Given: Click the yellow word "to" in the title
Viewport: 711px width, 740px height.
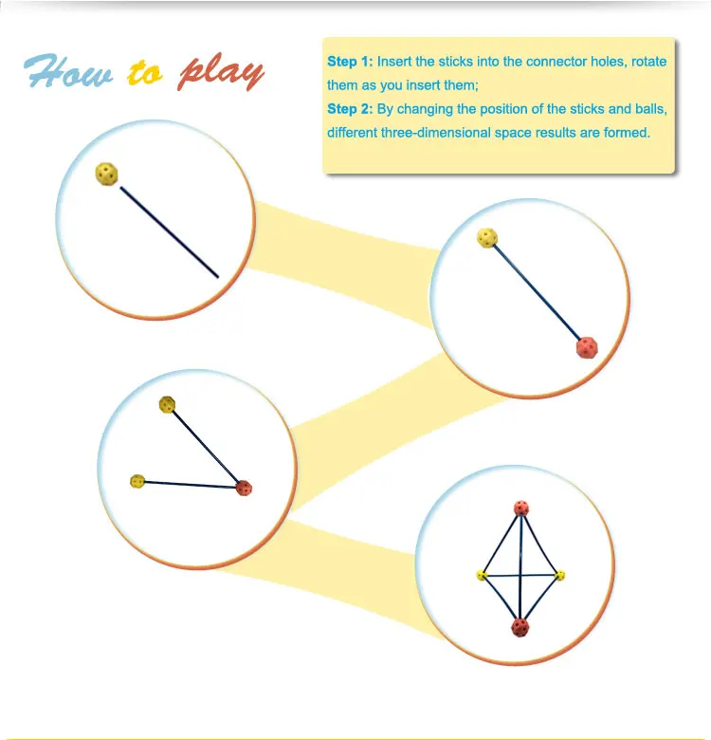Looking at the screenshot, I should (145, 74).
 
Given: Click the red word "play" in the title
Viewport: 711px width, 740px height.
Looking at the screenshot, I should (221, 72).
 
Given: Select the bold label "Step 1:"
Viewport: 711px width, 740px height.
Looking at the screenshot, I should (350, 62).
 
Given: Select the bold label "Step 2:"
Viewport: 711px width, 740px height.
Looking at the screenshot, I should (350, 109).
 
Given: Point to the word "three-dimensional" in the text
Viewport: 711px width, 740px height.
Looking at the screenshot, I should (436, 133).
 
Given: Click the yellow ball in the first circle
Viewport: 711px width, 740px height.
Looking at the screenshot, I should (107, 174).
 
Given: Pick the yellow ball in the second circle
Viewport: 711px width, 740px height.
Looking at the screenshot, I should (488, 237).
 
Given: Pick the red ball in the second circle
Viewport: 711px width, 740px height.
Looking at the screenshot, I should (588, 347).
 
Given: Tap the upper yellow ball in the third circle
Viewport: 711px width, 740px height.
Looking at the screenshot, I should (168, 405).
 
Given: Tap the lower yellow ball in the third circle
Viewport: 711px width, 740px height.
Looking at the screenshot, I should (137, 481).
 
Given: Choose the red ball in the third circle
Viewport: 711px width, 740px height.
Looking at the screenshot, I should (244, 489).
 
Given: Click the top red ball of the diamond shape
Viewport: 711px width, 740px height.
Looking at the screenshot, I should (520, 508).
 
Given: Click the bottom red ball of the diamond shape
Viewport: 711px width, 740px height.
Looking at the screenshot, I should (520, 626).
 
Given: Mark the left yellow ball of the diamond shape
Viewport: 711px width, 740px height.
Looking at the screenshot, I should (482, 575).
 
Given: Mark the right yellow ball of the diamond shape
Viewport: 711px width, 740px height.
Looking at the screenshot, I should (559, 575).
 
